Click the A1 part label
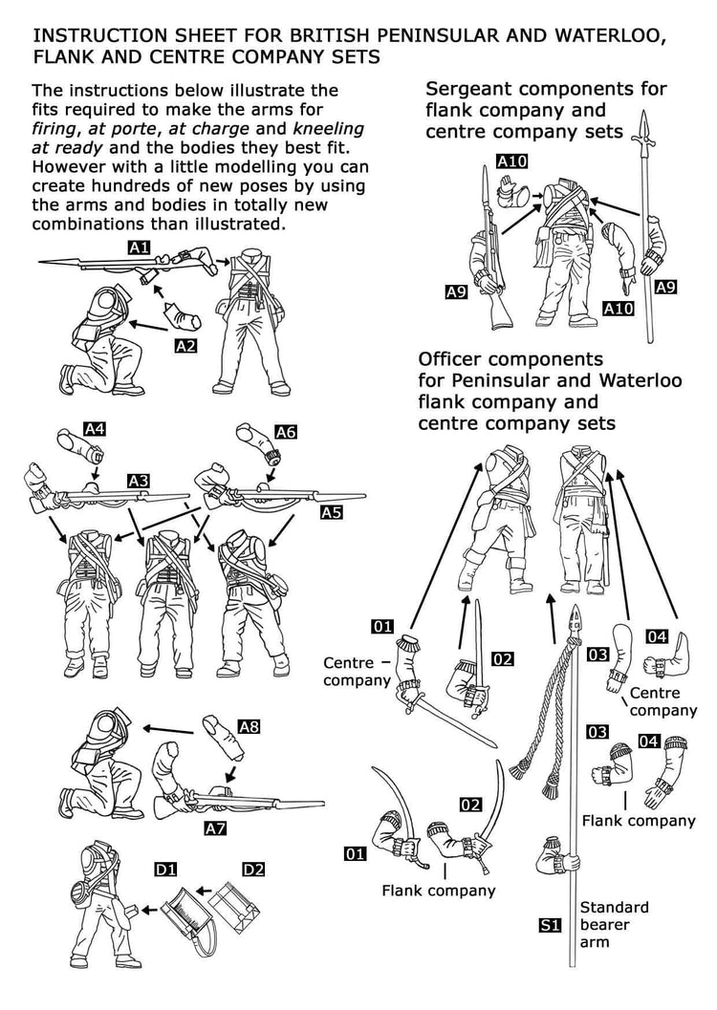tap(140, 247)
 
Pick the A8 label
tap(249, 727)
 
